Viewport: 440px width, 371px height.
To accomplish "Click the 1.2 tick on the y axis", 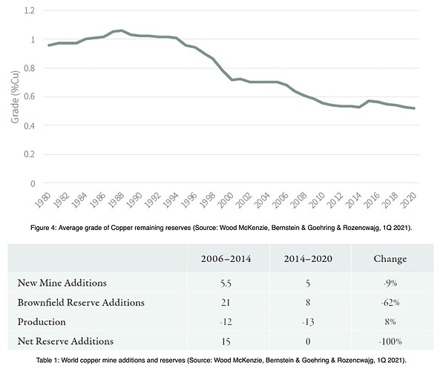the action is click(30, 10).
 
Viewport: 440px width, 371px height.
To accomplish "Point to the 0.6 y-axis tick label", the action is click(30, 96).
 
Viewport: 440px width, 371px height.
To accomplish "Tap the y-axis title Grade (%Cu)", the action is click(15, 97).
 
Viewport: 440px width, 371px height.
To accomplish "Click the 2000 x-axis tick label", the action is click(226, 200).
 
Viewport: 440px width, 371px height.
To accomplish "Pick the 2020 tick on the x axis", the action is click(409, 200).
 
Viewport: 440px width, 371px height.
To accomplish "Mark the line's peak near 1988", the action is click(121, 30).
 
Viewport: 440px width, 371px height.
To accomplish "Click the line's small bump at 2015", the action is click(369, 101).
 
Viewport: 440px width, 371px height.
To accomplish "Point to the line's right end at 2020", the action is click(414, 108).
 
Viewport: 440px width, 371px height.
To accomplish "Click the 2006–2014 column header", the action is click(226, 258).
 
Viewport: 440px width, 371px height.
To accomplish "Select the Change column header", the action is click(390, 258).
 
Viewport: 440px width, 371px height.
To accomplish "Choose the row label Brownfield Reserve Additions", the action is click(81, 303).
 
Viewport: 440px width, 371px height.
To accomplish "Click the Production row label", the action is click(42, 322).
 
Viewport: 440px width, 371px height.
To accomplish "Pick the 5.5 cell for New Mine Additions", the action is click(226, 283).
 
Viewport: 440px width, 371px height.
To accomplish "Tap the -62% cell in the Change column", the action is click(390, 303).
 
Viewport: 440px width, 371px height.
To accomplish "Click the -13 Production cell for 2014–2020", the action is click(308, 322).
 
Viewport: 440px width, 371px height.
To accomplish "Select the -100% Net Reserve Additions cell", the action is click(390, 341).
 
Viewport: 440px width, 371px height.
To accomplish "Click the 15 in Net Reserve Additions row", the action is click(226, 341).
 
